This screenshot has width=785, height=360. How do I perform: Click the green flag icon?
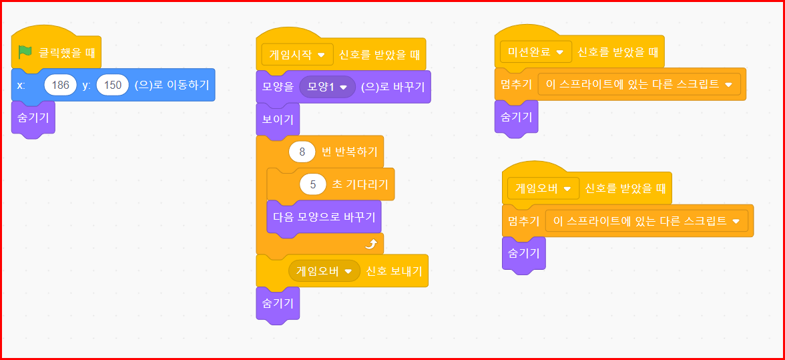[25, 51]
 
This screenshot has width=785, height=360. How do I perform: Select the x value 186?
[60, 85]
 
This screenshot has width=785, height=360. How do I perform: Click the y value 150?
[113, 85]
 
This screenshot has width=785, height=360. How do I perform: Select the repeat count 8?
[302, 152]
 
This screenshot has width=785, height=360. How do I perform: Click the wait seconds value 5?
[313, 184]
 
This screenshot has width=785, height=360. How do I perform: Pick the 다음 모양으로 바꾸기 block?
[324, 216]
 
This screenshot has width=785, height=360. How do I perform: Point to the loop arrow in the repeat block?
[370, 244]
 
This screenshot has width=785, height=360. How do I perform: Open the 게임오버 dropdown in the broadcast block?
[324, 271]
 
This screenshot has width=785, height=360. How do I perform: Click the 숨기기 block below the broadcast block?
[278, 303]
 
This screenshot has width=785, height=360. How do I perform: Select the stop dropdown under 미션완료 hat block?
[639, 84]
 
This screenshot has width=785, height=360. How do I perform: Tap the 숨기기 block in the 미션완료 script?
[516, 117]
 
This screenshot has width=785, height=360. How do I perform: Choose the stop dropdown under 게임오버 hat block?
[647, 221]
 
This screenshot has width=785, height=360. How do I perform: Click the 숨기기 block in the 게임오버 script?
[523, 253]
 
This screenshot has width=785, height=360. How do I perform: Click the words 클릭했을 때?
[65, 52]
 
